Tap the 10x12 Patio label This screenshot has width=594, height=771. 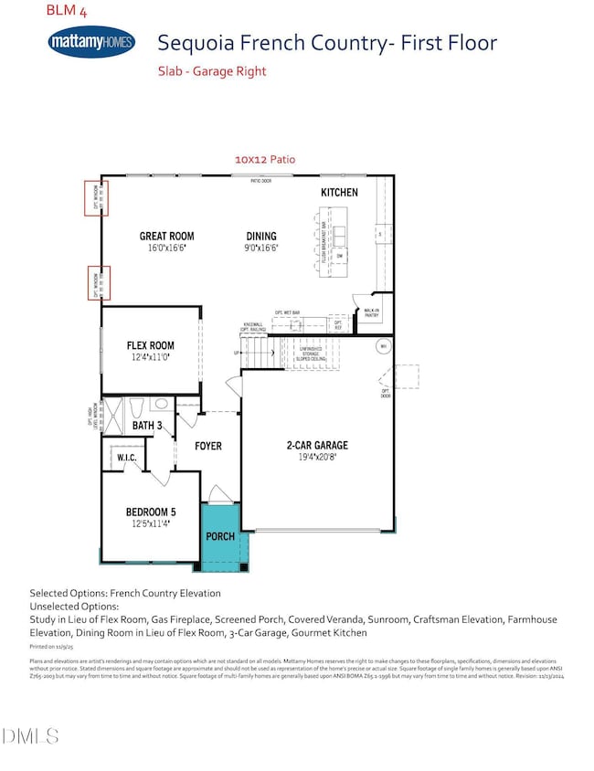[x=265, y=159]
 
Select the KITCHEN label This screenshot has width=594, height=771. [x=338, y=193]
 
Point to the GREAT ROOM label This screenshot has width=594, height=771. [x=166, y=236]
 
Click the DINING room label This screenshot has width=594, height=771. [x=260, y=236]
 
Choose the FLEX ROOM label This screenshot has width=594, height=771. [x=150, y=345]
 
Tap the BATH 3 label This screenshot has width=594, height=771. [x=146, y=426]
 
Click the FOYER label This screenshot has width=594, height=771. [x=210, y=448]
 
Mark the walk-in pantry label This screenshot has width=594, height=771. [x=372, y=313]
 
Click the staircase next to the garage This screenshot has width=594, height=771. [x=258, y=351]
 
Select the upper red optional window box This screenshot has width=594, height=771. [x=99, y=198]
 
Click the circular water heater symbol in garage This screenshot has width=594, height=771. [x=385, y=346]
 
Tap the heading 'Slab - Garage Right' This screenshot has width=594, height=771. [x=212, y=71]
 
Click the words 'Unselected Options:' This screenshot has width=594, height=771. [x=74, y=606]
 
